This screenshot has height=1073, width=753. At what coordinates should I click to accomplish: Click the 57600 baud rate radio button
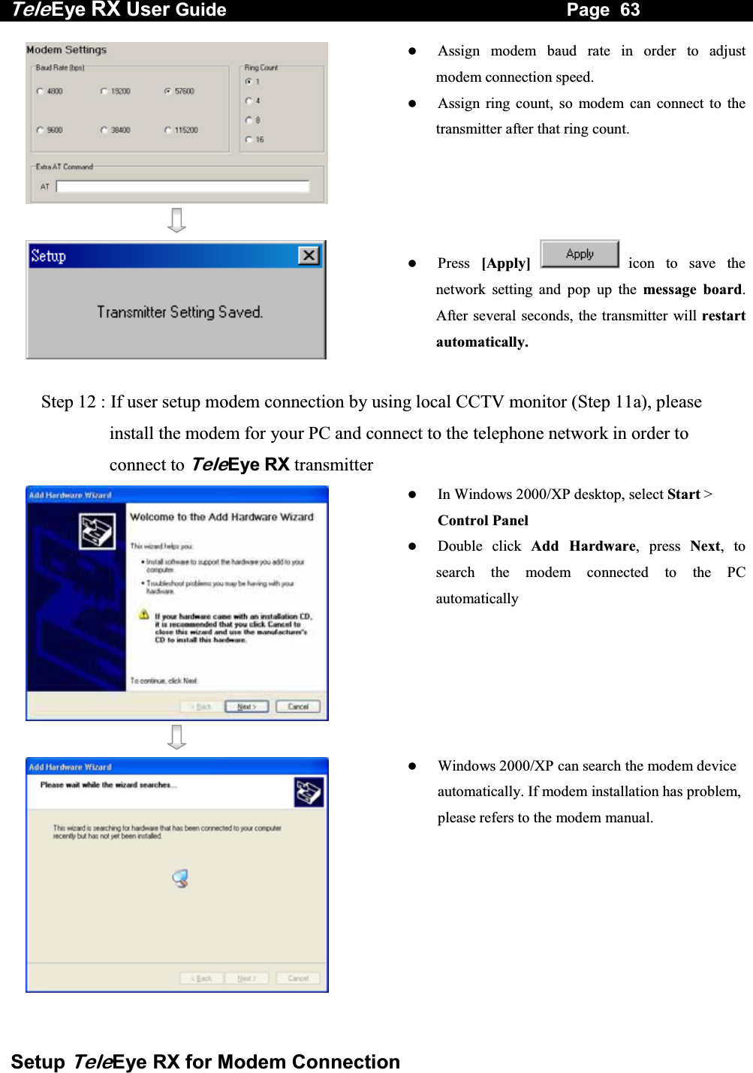[167, 92]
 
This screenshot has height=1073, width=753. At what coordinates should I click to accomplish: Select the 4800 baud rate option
[40, 92]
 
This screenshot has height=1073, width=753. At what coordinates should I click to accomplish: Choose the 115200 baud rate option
[167, 131]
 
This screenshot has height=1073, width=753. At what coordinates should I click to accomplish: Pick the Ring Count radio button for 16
[248, 140]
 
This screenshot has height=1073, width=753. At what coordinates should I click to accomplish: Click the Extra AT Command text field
[182, 186]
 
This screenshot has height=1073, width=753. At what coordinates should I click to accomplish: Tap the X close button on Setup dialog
[309, 256]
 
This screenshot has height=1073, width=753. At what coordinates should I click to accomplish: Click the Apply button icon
[580, 254]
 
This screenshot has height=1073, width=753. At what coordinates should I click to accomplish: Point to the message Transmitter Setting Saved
[179, 312]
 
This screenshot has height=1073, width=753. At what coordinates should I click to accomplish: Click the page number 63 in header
[629, 10]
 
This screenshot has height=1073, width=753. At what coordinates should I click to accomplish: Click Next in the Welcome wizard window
[246, 707]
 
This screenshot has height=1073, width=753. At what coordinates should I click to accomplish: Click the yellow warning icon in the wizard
[144, 615]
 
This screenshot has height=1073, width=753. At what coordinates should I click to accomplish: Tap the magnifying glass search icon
[180, 879]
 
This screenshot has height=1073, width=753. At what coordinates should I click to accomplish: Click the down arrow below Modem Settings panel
[176, 221]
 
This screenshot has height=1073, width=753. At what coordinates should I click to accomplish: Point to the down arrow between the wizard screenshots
[176, 738]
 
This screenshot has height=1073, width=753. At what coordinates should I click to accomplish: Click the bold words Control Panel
[483, 521]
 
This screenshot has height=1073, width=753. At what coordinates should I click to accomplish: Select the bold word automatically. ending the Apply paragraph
[482, 342]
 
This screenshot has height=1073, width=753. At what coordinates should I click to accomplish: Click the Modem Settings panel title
[66, 50]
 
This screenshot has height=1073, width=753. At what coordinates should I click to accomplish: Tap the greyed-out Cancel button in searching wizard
[298, 978]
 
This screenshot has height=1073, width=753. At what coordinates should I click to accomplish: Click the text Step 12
[68, 402]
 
